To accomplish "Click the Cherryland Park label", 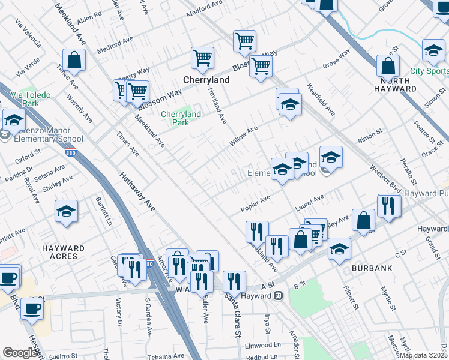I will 181,118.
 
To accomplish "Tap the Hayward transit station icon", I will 278,296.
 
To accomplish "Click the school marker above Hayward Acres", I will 66,211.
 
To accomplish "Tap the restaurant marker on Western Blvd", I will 388,206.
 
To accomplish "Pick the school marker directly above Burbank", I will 339,248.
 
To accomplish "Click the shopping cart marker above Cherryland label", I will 203,58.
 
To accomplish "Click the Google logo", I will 20,353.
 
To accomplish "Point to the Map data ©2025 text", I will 421,355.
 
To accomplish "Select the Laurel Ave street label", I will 309,201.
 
